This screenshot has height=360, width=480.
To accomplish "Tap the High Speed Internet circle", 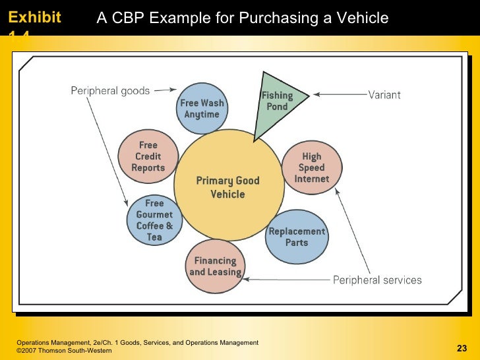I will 312,167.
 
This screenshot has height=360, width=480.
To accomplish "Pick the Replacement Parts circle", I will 297,237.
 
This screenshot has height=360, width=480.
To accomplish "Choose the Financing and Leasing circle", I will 215,266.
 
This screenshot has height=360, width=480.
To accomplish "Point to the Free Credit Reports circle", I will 148,157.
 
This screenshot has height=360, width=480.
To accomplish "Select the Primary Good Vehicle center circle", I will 228,187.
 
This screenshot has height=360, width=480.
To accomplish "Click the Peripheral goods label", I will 110,90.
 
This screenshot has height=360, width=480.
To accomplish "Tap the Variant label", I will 384,95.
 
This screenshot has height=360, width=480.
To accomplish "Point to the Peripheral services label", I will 376,280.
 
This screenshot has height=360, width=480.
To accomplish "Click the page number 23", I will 461,348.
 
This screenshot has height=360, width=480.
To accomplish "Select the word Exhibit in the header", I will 34,17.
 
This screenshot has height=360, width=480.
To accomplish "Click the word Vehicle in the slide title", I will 361,18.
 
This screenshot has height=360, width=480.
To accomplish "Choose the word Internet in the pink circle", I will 311,179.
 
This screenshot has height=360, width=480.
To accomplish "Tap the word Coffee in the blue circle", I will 150,226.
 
